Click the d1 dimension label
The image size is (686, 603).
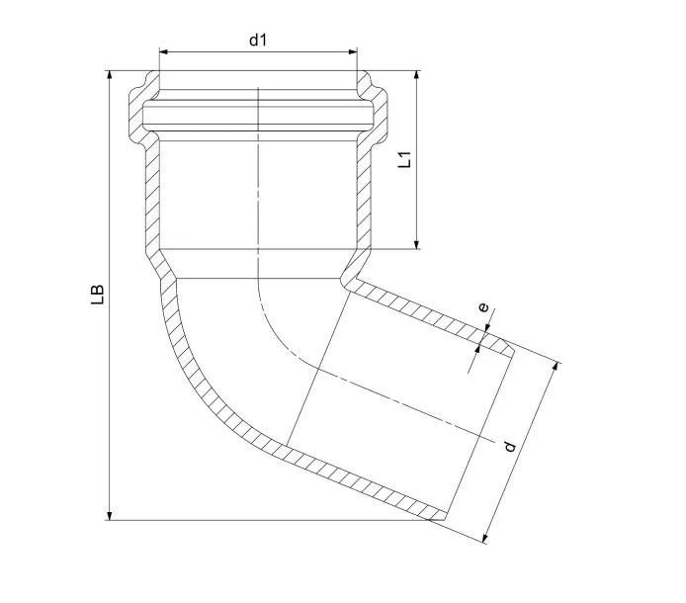[258, 41]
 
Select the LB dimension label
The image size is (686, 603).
[98, 295]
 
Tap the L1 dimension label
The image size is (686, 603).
[404, 159]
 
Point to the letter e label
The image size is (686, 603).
[483, 307]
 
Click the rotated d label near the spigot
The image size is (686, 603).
[510, 447]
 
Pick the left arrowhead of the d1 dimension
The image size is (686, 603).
[164, 52]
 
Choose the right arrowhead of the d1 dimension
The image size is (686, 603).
[353, 52]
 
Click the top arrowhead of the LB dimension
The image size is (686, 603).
[110, 75]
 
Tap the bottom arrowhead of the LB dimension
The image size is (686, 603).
[110, 515]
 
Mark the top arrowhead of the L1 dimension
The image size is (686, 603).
[417, 75]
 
